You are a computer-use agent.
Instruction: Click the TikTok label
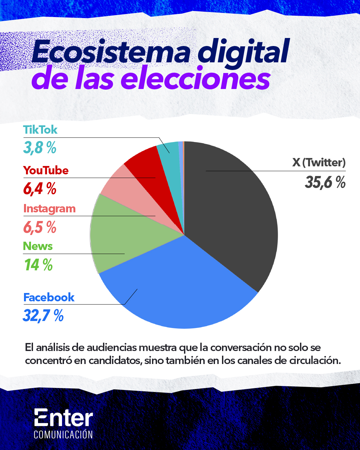click(40, 130)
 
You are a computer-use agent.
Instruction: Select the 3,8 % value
click(40, 147)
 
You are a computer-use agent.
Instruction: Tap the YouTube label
click(46, 170)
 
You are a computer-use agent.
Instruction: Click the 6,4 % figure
click(40, 188)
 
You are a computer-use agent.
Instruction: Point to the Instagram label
click(49, 209)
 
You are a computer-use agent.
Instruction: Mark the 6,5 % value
click(40, 227)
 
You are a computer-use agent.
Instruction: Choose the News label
click(38, 246)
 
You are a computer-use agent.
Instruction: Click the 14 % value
click(38, 265)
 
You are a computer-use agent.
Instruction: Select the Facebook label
click(49, 297)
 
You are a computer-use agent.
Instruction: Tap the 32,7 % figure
click(43, 315)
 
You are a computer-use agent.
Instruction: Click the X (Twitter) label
click(319, 163)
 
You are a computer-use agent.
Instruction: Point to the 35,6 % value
click(325, 182)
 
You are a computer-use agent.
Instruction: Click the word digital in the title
click(243, 52)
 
